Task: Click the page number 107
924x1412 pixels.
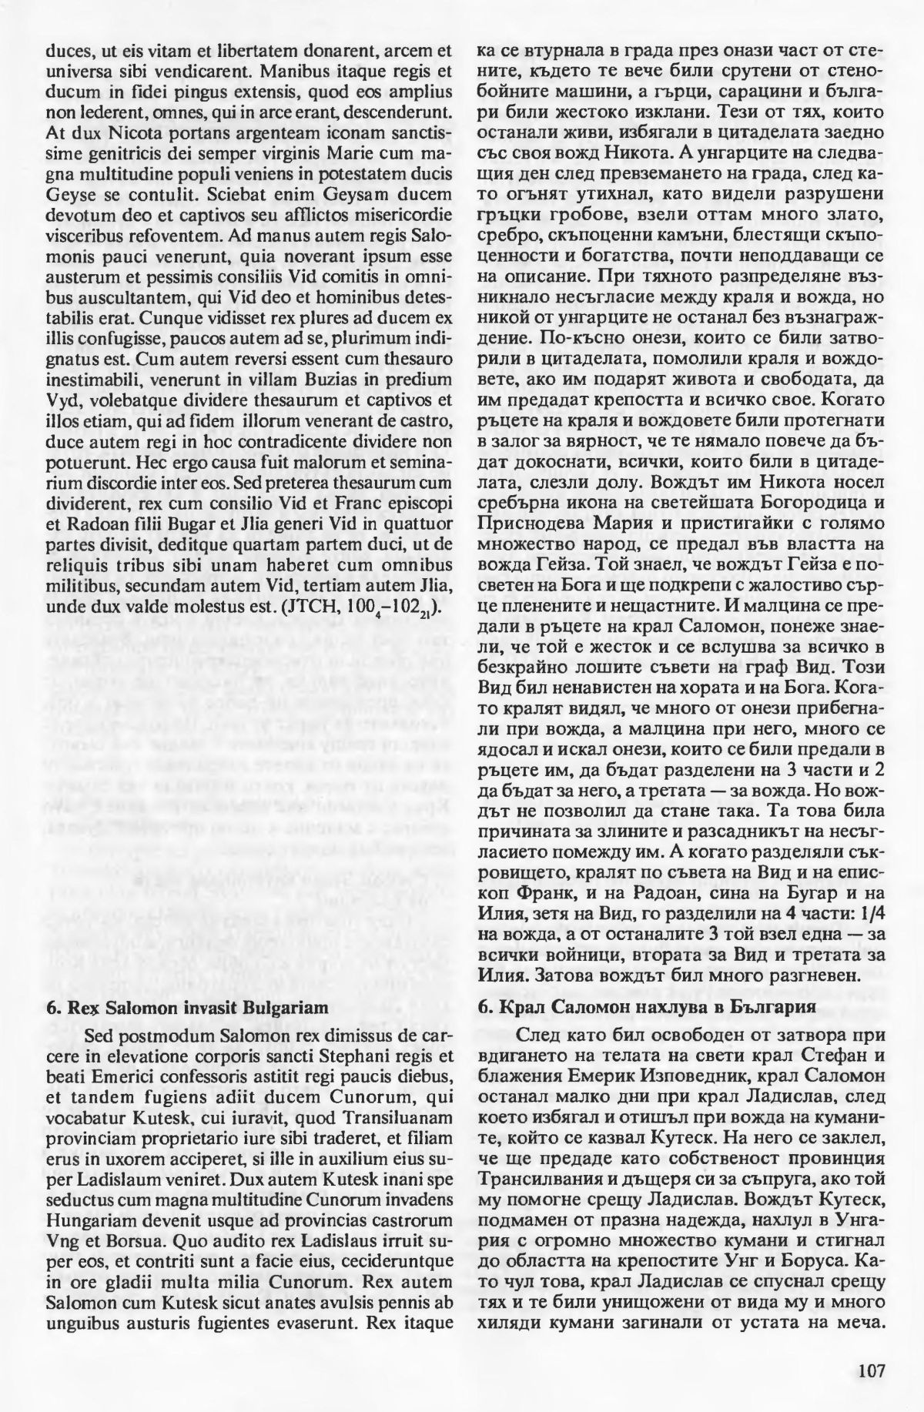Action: [x=868, y=1370]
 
